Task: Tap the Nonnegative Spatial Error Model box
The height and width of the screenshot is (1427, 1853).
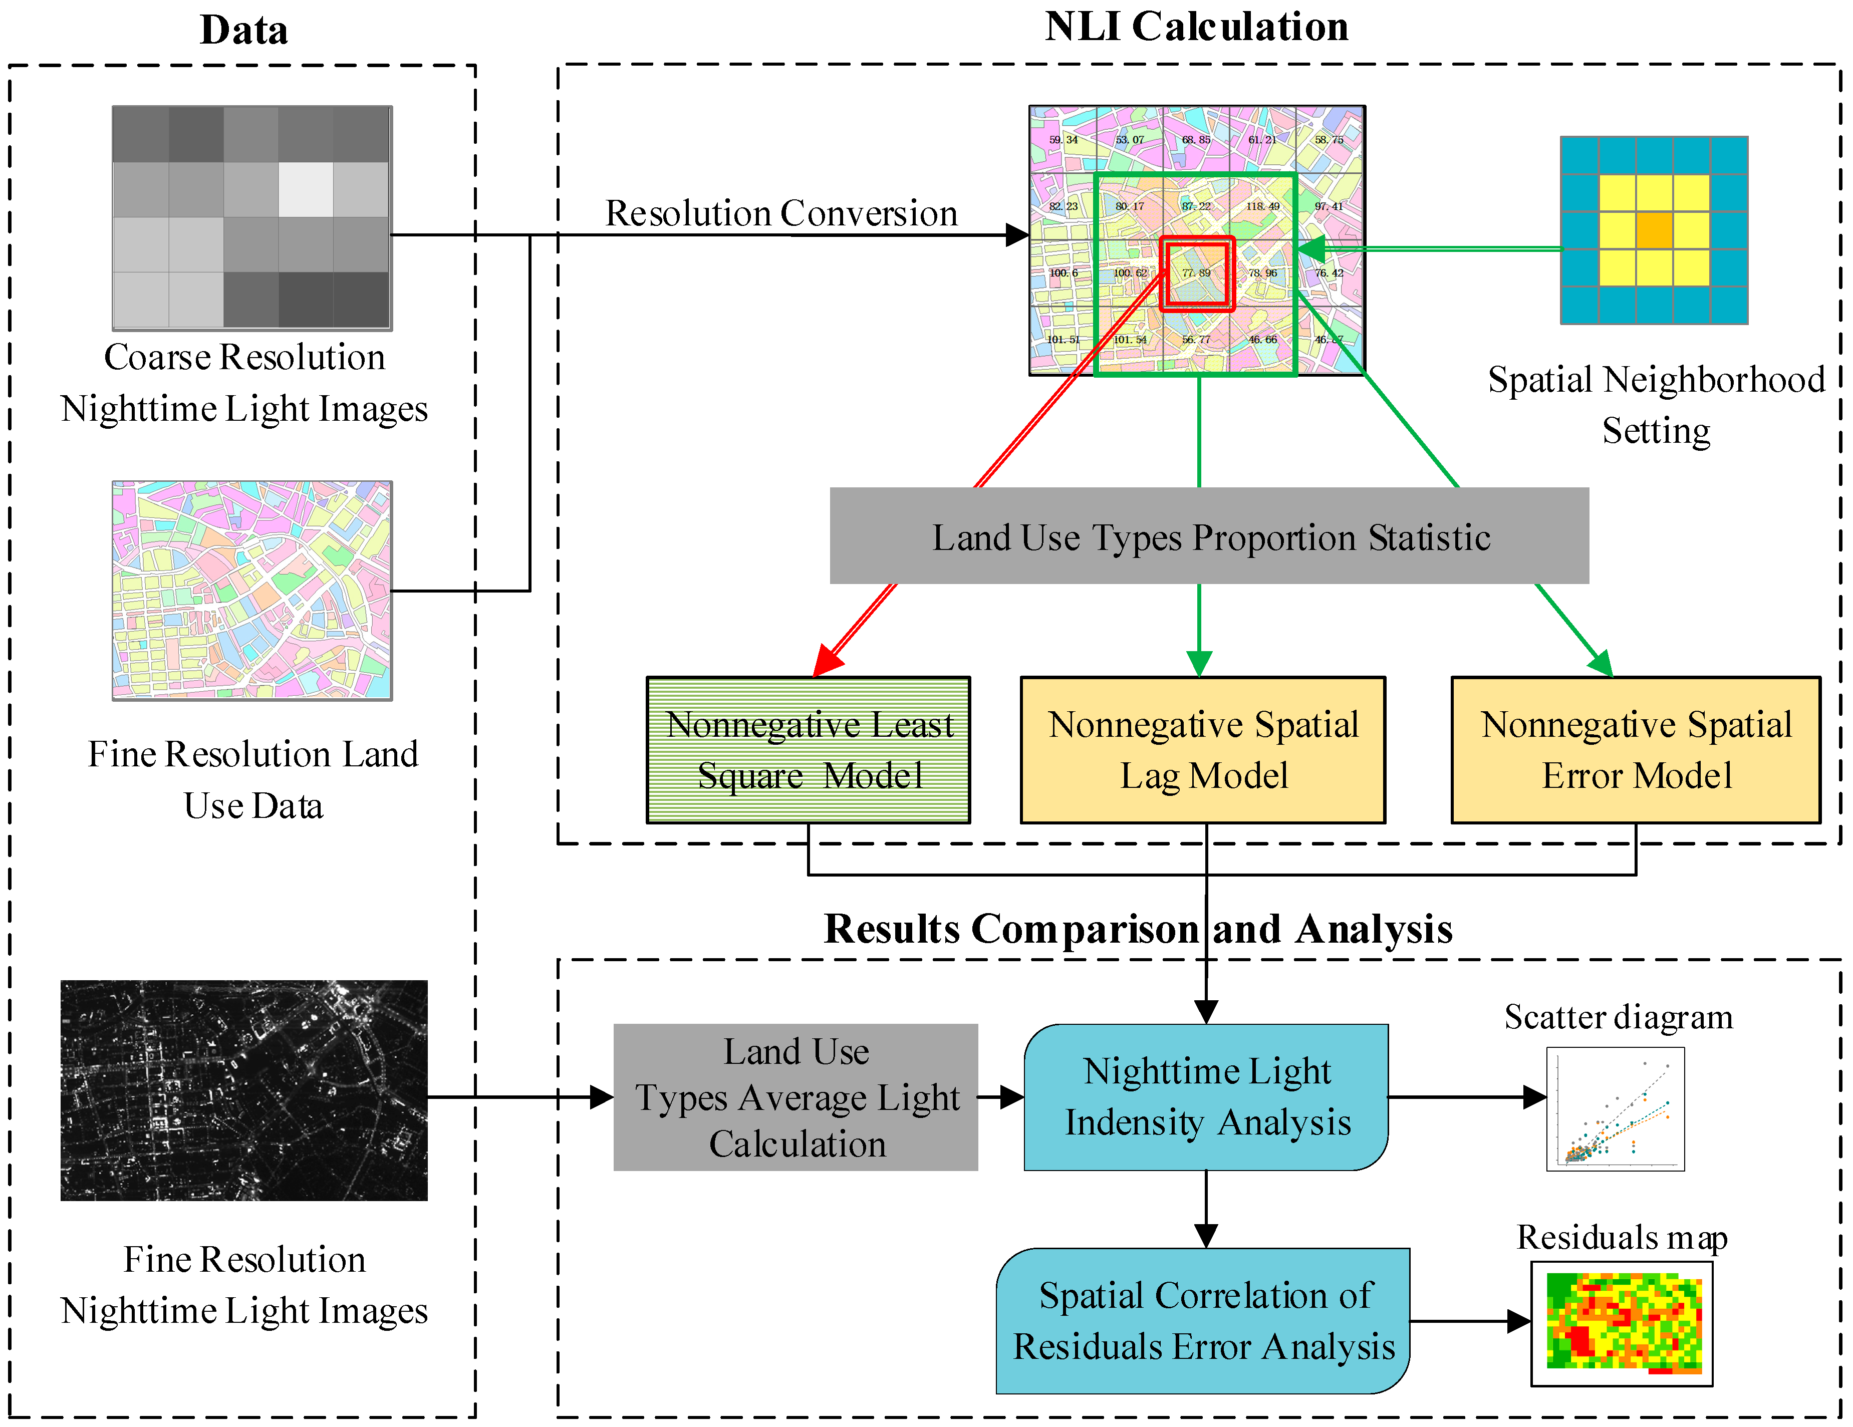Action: [1635, 750]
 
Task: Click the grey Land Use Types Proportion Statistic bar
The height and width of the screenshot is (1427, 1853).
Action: [1209, 536]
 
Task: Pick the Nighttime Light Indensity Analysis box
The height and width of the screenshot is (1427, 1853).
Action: [1206, 1097]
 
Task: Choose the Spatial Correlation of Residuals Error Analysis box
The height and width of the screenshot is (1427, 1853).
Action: [1203, 1321]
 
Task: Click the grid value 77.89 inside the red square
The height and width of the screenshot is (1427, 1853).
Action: [1196, 273]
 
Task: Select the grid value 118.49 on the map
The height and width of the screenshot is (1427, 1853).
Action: [1262, 206]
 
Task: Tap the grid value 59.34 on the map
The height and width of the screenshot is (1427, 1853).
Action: [1063, 140]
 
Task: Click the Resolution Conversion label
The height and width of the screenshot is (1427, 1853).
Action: [780, 213]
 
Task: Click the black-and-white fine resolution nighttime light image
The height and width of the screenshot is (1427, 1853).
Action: [244, 1090]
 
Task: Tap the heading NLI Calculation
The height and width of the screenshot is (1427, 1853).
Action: [1196, 27]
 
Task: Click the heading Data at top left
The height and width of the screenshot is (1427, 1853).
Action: [243, 31]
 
